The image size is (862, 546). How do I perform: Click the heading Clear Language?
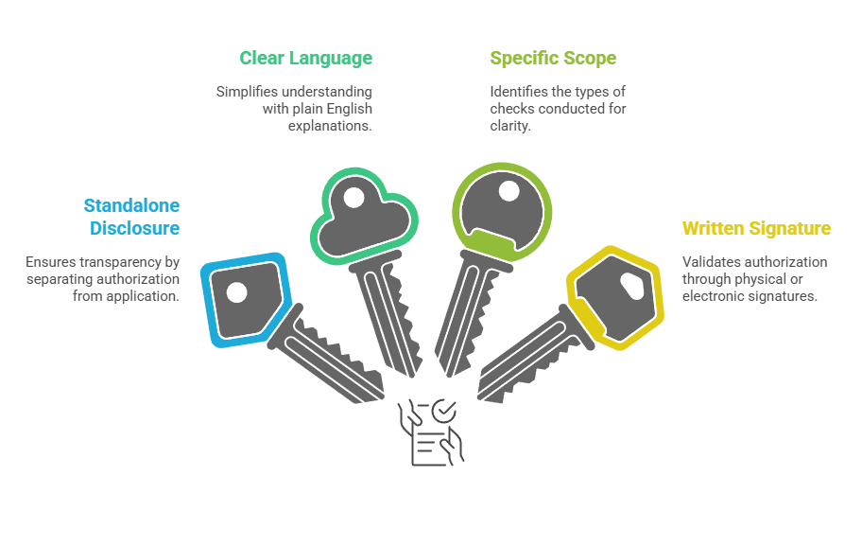(305, 59)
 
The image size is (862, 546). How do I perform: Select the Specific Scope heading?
(553, 59)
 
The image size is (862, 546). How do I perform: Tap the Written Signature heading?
(756, 228)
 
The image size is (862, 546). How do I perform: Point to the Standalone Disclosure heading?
(131, 217)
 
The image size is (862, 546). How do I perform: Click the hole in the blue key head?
(237, 293)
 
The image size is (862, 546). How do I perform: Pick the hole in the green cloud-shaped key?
(353, 199)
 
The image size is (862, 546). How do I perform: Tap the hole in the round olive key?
(509, 191)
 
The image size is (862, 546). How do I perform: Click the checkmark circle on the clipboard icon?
(443, 410)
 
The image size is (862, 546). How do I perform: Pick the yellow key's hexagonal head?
(614, 295)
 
